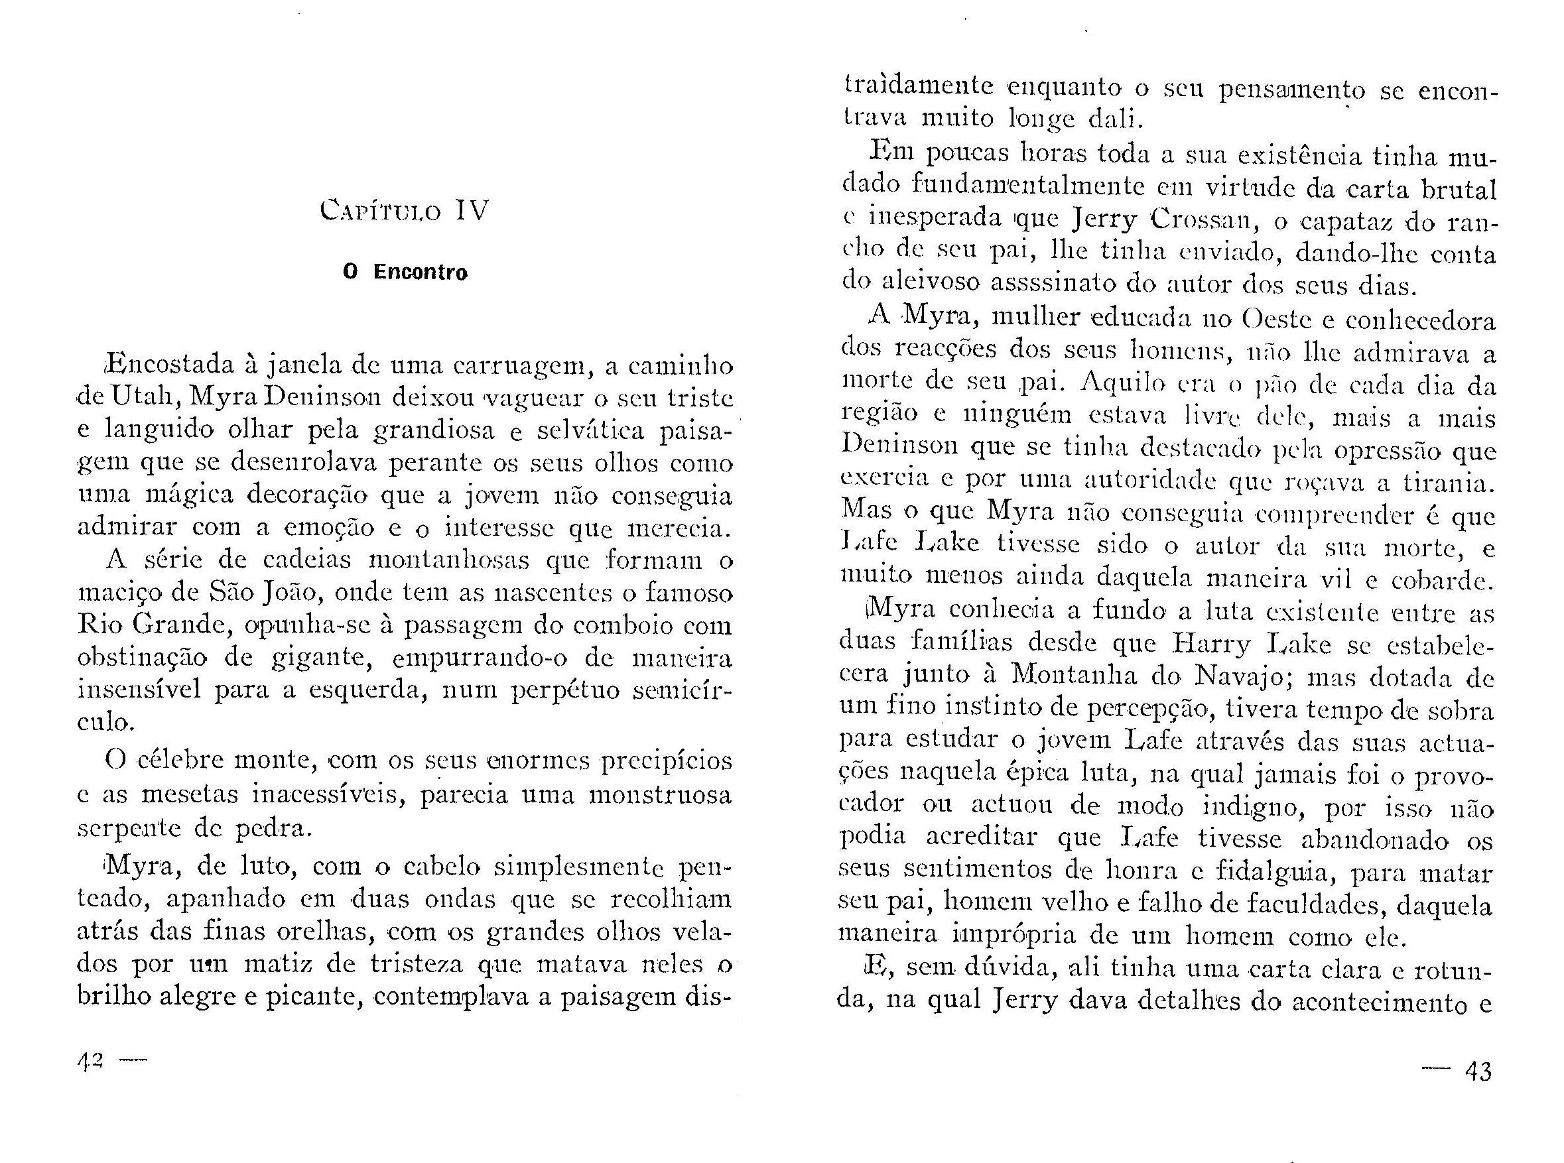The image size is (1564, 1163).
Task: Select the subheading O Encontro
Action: coord(405,273)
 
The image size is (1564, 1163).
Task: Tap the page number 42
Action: coord(91,1061)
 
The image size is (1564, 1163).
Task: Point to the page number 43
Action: coord(1477,1071)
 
